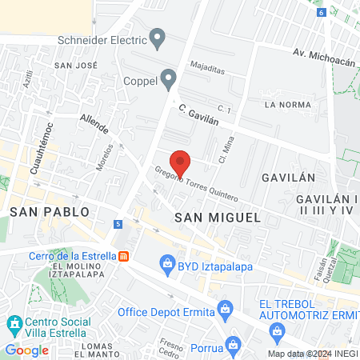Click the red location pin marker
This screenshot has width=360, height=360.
(x=181, y=162)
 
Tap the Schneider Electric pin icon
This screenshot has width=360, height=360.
(x=158, y=37)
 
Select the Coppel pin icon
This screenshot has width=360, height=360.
(x=168, y=78)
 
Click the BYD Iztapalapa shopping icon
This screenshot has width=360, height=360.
(x=167, y=262)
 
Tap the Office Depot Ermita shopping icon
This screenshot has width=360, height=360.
(x=226, y=308)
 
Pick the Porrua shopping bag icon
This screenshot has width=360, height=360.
(x=232, y=345)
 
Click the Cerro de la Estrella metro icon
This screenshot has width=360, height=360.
(x=123, y=256)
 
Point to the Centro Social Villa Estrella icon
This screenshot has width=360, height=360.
(x=14, y=325)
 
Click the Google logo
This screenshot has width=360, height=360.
(x=26, y=350)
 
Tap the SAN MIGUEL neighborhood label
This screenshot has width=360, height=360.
(x=218, y=217)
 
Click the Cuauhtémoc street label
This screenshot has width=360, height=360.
(x=41, y=148)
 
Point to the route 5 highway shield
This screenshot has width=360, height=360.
(x=118, y=223)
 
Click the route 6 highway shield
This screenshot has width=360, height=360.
(x=321, y=12)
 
